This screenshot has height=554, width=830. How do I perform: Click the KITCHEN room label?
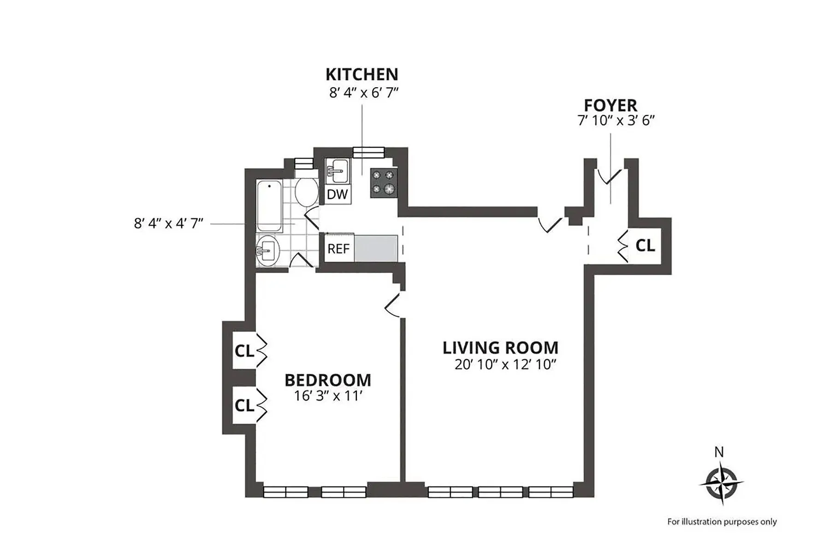(x=362, y=74)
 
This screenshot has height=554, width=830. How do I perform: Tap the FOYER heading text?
(x=611, y=105)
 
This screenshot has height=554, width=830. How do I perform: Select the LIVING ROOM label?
(x=500, y=348)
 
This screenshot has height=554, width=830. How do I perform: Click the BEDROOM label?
(x=328, y=380)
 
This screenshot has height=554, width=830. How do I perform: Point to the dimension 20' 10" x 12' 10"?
(x=505, y=365)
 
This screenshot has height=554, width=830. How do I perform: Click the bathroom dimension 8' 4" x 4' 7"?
(x=168, y=223)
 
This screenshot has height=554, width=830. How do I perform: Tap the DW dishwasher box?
(x=337, y=194)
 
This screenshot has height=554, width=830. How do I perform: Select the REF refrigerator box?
(x=338, y=249)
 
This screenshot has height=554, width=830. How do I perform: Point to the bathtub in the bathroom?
(x=269, y=206)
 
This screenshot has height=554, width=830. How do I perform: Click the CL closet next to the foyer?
(x=645, y=246)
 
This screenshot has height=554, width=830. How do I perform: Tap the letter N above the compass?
(x=719, y=452)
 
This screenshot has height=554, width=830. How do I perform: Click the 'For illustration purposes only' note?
(x=722, y=522)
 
